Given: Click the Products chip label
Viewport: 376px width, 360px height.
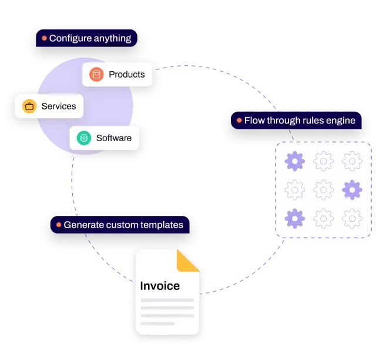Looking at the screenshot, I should [126, 75].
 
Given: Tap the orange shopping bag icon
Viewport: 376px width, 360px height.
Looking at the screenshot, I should [96, 75].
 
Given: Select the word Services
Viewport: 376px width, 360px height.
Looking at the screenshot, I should [58, 106].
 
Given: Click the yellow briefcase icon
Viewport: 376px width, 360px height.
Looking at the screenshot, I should [29, 106].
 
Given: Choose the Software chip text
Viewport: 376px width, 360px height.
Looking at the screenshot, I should [113, 138].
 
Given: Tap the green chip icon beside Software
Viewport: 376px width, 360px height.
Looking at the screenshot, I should [84, 138].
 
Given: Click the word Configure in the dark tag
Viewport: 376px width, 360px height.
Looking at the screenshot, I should [69, 38].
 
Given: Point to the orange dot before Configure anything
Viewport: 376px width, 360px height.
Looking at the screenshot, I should [44, 38].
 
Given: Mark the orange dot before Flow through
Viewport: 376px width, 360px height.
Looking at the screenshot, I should [239, 121].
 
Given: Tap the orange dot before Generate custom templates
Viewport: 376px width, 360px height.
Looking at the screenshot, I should [59, 225].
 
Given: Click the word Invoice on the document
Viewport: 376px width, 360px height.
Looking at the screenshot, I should [160, 286].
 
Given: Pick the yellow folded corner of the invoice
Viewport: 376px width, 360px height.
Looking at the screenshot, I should [189, 261].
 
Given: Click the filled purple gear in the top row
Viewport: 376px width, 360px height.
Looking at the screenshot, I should [294, 161].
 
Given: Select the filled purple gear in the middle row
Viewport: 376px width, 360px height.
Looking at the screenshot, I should [351, 189].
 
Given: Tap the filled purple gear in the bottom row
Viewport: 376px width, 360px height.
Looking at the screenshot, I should [294, 218].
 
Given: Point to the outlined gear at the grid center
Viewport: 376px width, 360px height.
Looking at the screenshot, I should [323, 189].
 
